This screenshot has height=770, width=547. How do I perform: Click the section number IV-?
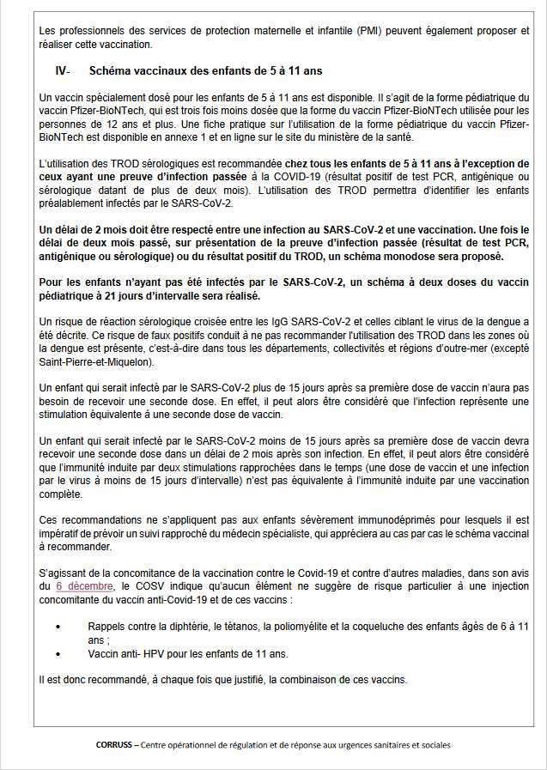click(x=62, y=70)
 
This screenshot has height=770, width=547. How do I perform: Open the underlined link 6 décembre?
click(x=83, y=585)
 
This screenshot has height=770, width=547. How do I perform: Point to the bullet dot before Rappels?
click(x=58, y=627)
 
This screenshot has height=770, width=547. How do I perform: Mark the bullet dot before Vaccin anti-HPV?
click(x=58, y=653)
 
